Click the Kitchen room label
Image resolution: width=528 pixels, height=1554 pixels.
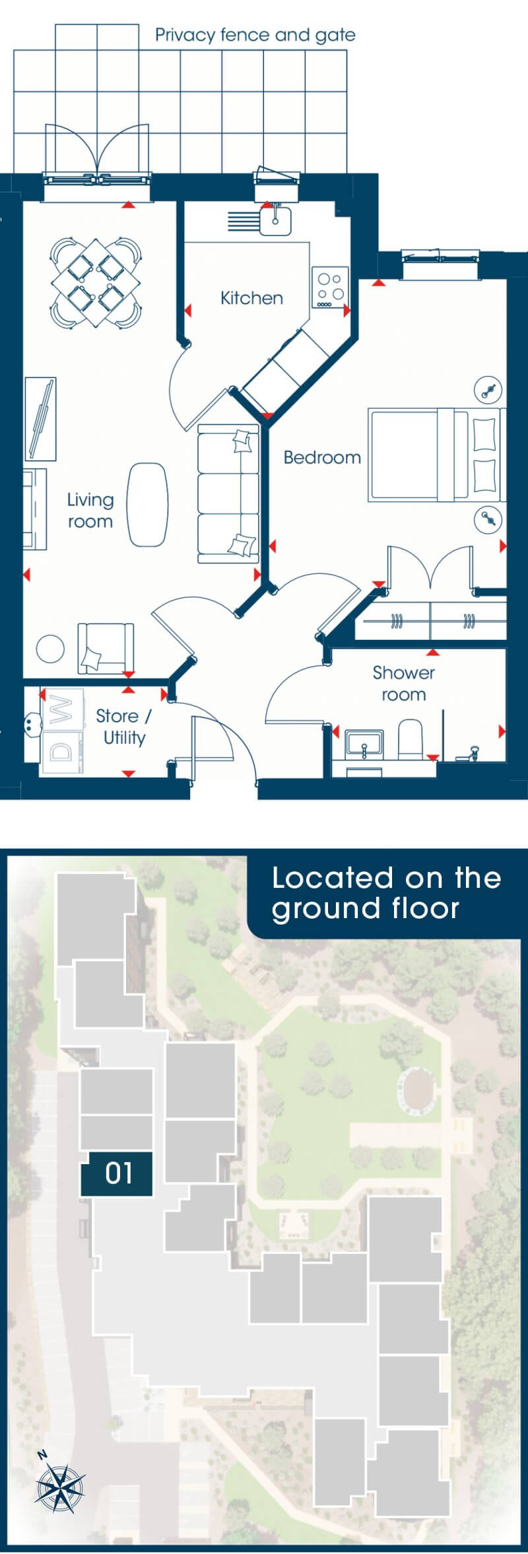pos(251,298)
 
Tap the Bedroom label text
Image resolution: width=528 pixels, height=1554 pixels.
pos(322,457)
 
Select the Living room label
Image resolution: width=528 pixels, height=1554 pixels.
pos(90,511)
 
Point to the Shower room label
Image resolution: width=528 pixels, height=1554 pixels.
pos(404,683)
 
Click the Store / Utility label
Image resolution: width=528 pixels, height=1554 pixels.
pos(124,727)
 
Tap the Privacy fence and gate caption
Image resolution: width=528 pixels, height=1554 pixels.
pos(255,35)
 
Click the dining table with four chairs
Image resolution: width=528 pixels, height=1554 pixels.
pos(96,283)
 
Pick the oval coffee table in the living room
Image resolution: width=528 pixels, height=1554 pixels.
pos(147,505)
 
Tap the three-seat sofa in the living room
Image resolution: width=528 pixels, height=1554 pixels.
pos(228,494)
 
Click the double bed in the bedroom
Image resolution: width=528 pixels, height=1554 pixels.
pos(436,454)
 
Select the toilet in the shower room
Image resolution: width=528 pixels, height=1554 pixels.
pos(411,739)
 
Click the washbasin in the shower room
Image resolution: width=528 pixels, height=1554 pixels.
pos(364,742)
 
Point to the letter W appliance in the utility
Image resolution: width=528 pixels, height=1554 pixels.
pos(63,710)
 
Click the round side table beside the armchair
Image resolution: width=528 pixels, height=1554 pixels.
pos(50,648)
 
